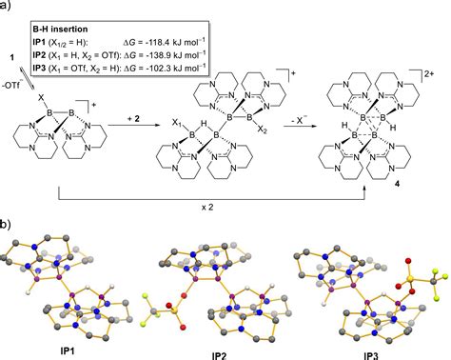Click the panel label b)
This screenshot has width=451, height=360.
[8, 228]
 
